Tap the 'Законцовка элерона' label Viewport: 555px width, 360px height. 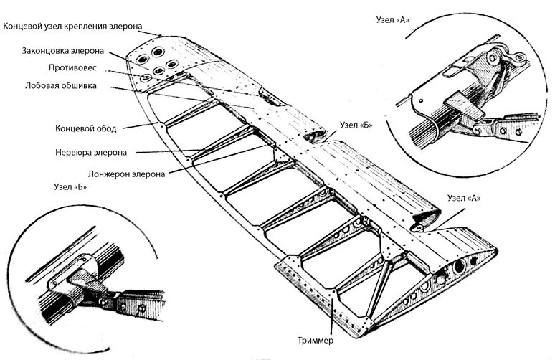point(62,52)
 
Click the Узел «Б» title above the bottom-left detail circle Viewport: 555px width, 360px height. point(70,188)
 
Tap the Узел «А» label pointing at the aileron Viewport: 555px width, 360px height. point(464,198)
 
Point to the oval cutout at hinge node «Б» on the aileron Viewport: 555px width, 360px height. point(315,135)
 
